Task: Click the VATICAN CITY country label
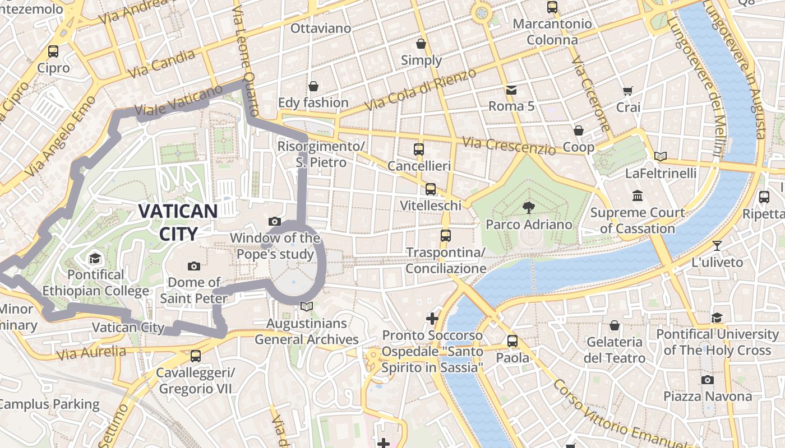point(178,222)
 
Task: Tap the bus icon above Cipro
point(53,52)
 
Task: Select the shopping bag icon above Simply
point(421,44)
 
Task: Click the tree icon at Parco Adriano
point(528,208)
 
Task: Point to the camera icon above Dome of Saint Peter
point(194,266)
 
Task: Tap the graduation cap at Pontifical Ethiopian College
point(95,258)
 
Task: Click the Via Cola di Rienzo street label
point(420,90)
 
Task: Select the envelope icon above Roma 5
point(511,90)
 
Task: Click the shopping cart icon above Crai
point(627,91)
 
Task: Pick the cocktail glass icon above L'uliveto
point(717,245)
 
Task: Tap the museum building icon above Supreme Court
point(638,196)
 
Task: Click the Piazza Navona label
point(708,396)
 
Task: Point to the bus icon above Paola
point(512,340)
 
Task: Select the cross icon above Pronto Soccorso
point(432,319)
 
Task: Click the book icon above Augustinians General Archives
point(306,306)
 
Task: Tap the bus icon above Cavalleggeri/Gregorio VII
point(195,356)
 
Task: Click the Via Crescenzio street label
point(509,146)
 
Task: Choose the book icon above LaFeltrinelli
point(661,156)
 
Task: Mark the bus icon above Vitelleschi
point(431,189)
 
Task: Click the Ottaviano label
point(321,28)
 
